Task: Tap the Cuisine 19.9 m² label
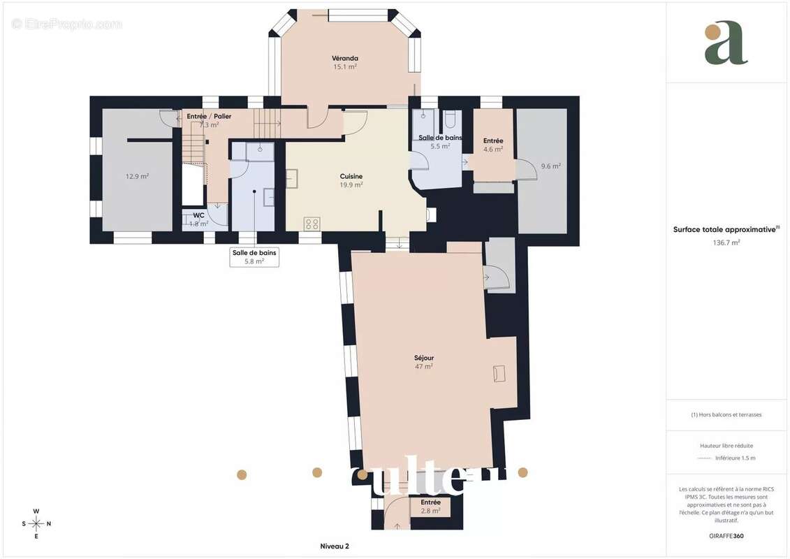pos(351,180)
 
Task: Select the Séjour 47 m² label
pos(423,362)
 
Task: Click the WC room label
pos(199,219)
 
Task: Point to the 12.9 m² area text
pos(137,176)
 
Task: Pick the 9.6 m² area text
pos(550,166)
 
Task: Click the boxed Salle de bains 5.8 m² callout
pos(254,257)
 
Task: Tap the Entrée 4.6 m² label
pos(493,145)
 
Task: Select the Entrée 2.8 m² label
pos(430,507)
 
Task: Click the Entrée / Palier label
pos(209,120)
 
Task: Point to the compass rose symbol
pos(36,523)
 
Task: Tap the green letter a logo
pos(726,44)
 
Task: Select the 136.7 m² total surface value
pos(726,242)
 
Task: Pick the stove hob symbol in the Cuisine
pos(312,224)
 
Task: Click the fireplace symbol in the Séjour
pos(499,373)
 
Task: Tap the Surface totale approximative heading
pos(726,229)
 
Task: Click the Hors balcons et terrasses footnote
pos(726,414)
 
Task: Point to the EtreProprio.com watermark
pos(67,24)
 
